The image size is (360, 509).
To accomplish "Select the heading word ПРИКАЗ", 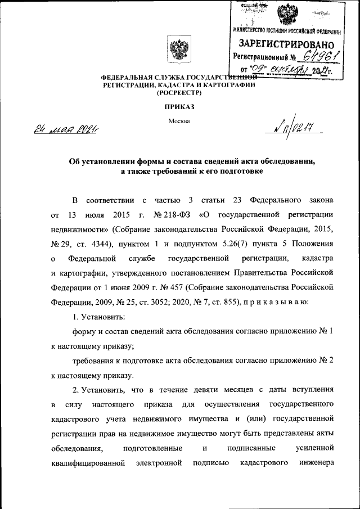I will (x=179, y=106).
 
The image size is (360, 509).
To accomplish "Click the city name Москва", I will (x=179, y=120).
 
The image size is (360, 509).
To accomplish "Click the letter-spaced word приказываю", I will (x=274, y=303).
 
